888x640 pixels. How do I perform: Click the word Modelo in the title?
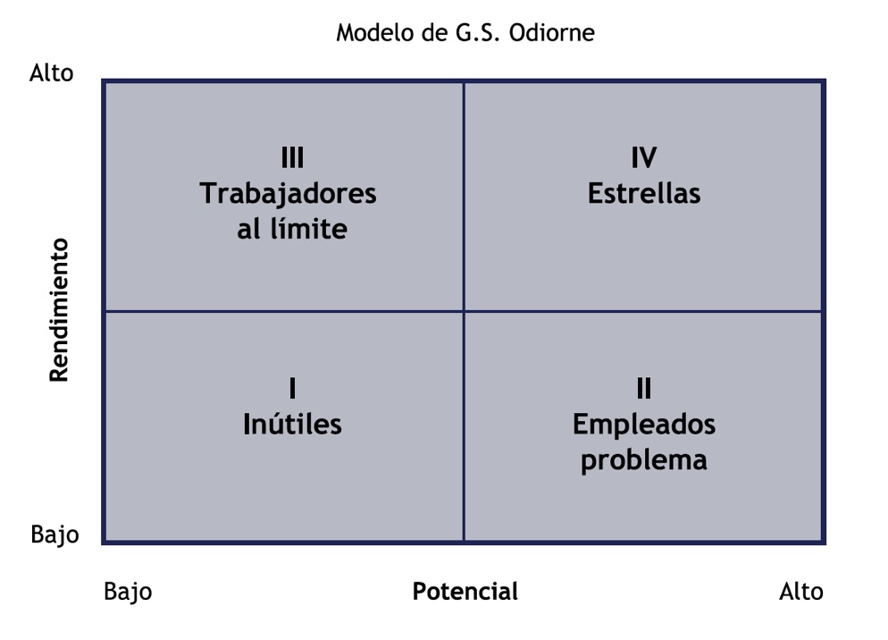(375, 32)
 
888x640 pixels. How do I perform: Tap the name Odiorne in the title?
(551, 32)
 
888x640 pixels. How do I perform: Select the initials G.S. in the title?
(477, 32)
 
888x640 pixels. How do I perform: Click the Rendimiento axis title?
(59, 310)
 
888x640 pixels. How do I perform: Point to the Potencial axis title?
(465, 591)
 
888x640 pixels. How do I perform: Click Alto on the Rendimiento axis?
(52, 73)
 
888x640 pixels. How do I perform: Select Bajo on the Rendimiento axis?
(54, 534)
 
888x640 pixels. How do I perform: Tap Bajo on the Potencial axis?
(128, 592)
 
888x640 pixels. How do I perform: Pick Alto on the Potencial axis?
(801, 591)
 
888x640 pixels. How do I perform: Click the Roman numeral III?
(292, 157)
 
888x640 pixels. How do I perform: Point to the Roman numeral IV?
(644, 157)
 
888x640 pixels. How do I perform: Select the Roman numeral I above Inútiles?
(292, 388)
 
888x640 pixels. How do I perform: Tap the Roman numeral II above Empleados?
(644, 388)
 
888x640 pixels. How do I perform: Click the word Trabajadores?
(288, 194)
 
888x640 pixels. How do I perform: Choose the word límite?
(308, 229)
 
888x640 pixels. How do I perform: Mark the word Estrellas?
(644, 193)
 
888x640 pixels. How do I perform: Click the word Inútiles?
(292, 424)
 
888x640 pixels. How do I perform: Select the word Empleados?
(644, 425)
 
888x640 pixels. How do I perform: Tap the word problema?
(644, 460)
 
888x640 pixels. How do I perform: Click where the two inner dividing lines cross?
(464, 311)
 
